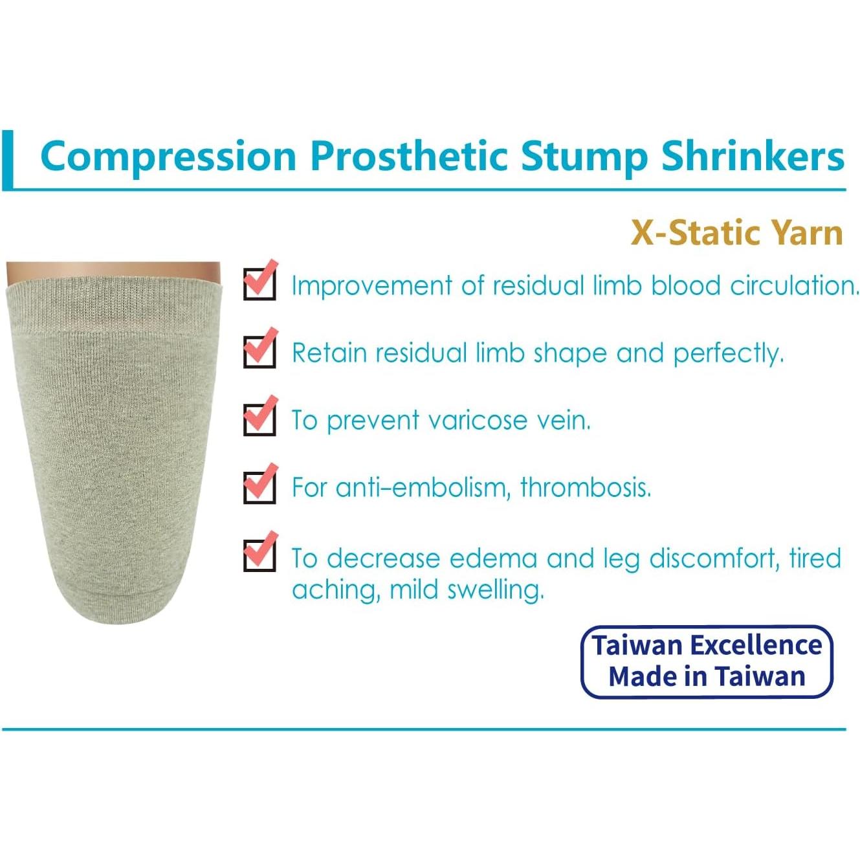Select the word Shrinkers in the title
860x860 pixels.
tap(753, 156)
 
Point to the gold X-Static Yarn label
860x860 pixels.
tap(736, 233)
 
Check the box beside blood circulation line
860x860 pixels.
tap(259, 283)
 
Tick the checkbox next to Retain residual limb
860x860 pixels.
tap(259, 351)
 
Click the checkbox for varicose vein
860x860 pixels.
tap(259, 419)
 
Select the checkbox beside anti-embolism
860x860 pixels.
tap(259, 487)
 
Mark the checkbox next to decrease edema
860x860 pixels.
tap(259, 555)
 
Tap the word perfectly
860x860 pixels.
tap(728, 354)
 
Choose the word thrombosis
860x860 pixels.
tap(585, 487)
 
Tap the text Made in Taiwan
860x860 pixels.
tap(707, 677)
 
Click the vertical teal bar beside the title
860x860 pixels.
tap(7, 160)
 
